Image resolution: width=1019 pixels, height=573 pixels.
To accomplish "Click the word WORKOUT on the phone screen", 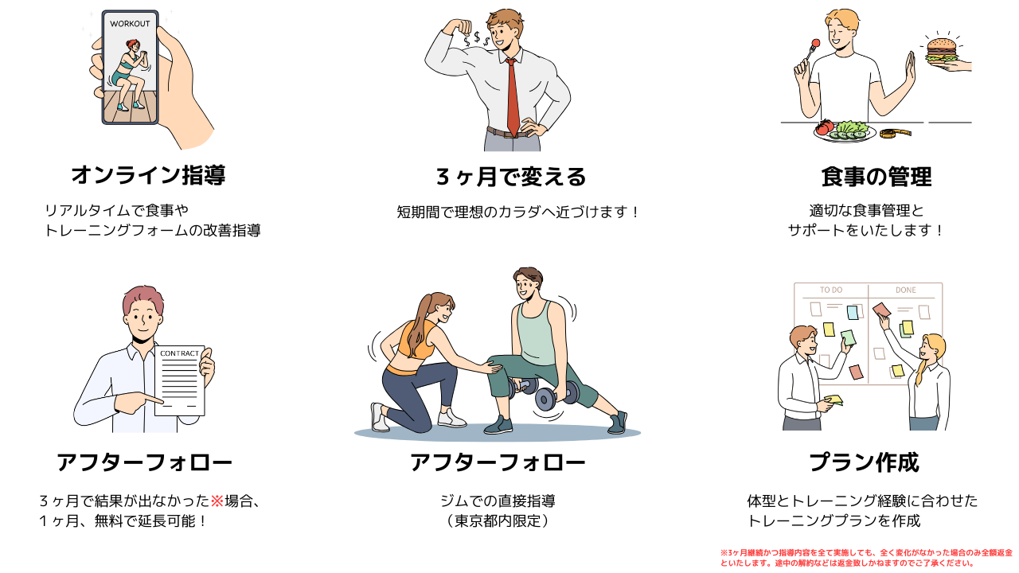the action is (x=130, y=24).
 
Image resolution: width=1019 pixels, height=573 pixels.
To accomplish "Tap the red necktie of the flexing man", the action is (x=513, y=97).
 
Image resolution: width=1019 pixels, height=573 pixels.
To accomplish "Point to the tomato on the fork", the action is (x=815, y=43).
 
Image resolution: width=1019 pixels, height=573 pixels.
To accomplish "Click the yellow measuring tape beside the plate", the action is (x=895, y=133).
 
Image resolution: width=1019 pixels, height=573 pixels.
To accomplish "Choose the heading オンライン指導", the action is (x=148, y=175).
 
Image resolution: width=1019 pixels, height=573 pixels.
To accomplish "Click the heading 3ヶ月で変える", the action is (x=511, y=177).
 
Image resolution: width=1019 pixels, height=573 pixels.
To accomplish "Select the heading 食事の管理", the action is (x=876, y=177).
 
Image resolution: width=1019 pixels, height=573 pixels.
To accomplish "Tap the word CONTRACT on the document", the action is (x=179, y=353).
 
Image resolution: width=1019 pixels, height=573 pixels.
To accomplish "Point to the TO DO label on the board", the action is (x=831, y=290).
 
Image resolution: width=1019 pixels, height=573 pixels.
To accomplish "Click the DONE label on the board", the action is (x=905, y=290).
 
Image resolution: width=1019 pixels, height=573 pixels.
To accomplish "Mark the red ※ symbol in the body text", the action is (x=217, y=501).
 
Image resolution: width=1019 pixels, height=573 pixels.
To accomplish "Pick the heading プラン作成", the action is (x=864, y=462).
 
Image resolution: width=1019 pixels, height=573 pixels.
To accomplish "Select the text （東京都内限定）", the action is (x=498, y=520).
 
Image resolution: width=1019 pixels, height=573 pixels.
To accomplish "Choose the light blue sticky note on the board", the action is (x=853, y=313).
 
